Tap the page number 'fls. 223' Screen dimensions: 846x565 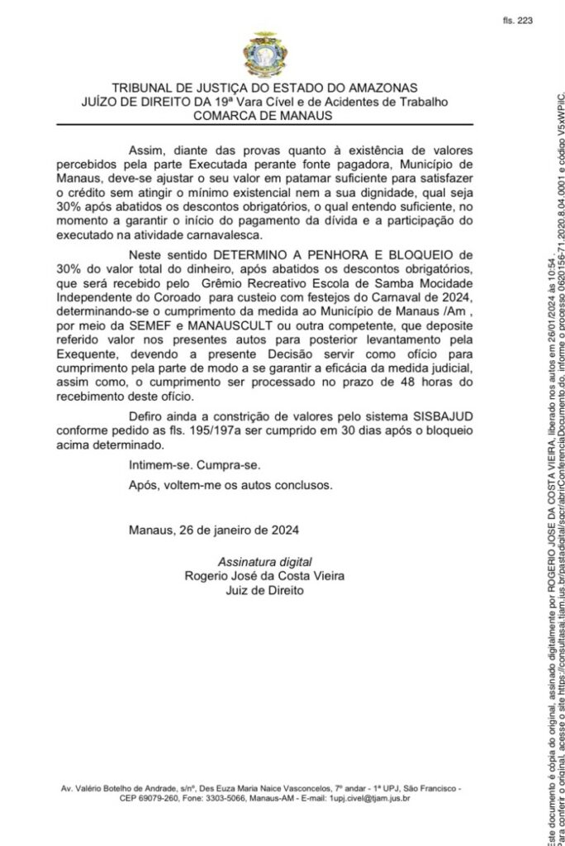click(517, 22)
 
